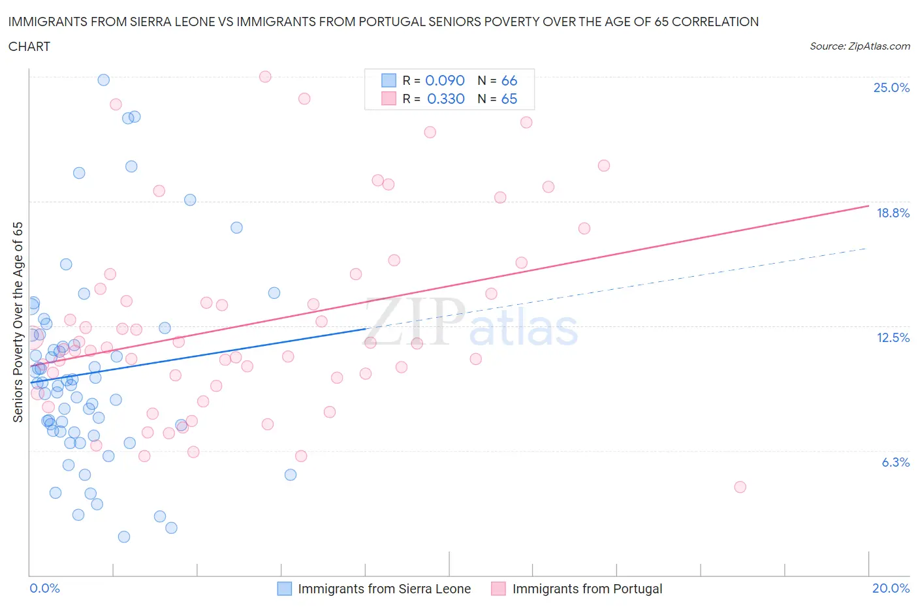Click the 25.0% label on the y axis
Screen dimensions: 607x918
(891, 88)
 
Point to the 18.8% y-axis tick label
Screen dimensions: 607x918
(893, 213)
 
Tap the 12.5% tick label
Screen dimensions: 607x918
(893, 337)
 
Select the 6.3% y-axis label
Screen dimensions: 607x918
(895, 462)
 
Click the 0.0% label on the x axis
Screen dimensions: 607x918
(44, 588)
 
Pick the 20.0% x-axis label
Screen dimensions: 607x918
(891, 588)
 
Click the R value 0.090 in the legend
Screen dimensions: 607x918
(445, 80)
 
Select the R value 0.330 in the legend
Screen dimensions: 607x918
(445, 99)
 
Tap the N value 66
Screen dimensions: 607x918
(509, 80)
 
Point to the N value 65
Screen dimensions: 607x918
(509, 99)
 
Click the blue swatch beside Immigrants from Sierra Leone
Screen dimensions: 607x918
(285, 589)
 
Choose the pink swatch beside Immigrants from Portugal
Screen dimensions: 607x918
(499, 589)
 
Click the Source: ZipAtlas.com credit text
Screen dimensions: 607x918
(859, 46)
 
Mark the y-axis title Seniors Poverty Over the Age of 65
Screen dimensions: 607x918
(18, 322)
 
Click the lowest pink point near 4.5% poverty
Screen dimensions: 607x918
(740, 487)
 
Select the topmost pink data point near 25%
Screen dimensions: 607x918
(265, 76)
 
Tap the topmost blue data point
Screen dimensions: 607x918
(103, 80)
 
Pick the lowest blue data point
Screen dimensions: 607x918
(124, 537)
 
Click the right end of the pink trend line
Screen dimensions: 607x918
(868, 206)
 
